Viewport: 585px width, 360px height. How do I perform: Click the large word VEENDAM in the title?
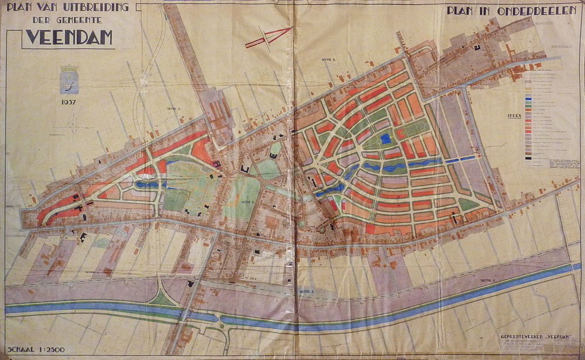tap(69, 38)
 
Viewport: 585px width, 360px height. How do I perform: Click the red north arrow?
tap(268, 37)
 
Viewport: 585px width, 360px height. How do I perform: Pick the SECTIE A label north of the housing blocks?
tap(327, 60)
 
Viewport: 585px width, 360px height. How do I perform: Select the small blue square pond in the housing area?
tap(385, 138)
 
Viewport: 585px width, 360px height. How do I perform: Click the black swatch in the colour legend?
tap(529, 158)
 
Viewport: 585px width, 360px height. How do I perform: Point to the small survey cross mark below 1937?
tap(74, 125)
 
